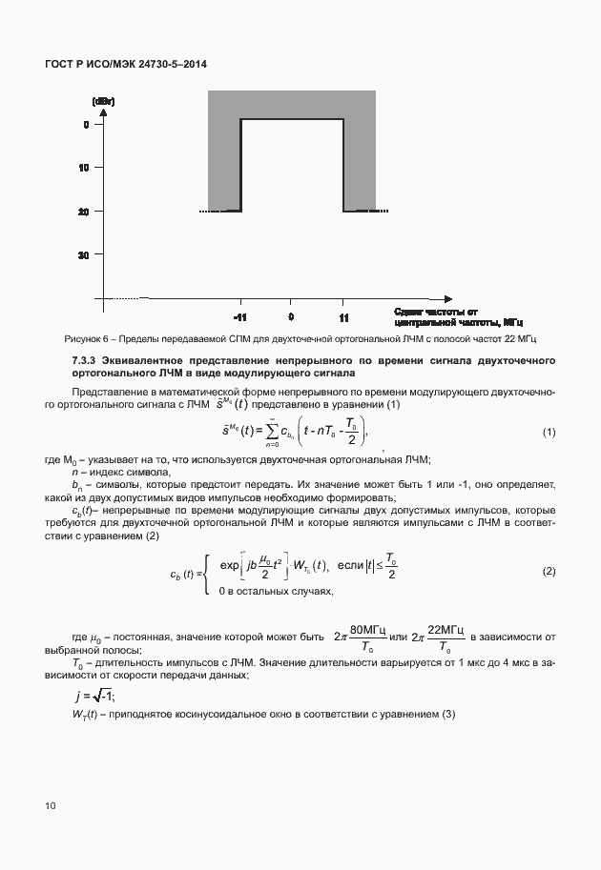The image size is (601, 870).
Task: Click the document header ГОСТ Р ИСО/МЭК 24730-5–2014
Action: [126, 64]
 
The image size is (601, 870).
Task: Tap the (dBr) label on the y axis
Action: [104, 101]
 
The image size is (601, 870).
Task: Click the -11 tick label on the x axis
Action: [239, 318]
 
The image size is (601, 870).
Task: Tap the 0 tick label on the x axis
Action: [290, 318]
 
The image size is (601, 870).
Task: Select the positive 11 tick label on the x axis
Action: [342, 318]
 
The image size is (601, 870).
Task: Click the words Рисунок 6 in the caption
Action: [88, 340]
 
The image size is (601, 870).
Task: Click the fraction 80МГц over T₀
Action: [366, 637]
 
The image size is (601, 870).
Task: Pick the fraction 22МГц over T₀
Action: [446, 637]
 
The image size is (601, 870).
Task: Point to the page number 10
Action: [51, 807]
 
